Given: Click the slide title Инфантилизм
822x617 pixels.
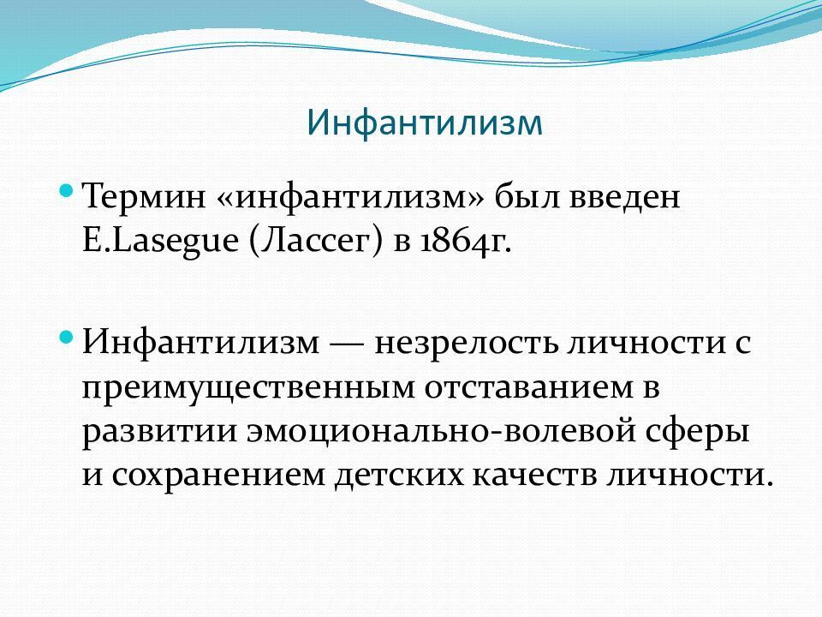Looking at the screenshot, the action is (424, 123).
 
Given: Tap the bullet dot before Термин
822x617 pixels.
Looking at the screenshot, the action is (66, 189).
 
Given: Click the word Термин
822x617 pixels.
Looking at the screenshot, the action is (144, 197).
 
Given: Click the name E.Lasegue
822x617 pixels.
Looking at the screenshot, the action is (160, 243).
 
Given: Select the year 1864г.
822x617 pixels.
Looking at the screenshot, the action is (465, 243).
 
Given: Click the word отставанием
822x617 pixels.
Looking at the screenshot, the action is (528, 388).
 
